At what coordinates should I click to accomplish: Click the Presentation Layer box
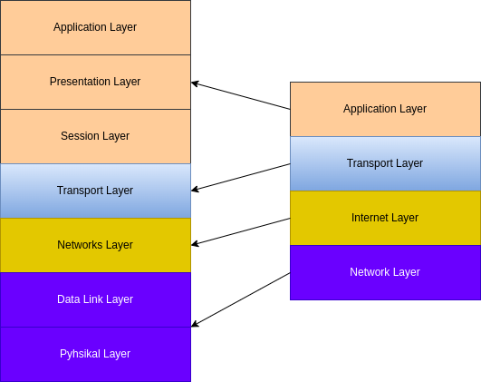point(95,82)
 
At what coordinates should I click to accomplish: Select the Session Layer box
point(95,136)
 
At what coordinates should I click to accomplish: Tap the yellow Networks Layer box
point(95,245)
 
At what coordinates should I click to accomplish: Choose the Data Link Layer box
point(95,299)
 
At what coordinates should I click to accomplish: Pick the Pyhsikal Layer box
point(95,354)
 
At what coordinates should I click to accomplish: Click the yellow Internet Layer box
point(385,218)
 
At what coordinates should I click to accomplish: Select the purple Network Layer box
point(385,272)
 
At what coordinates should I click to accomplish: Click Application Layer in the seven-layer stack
point(95,27)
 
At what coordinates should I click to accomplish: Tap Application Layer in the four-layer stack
point(385,109)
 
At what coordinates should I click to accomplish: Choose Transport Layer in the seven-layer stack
point(95,191)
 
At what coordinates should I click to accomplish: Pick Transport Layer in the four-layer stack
point(385,163)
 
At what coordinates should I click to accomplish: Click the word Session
point(79,136)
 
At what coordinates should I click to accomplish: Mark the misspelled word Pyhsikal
point(80,354)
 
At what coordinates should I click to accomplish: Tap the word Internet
point(370,218)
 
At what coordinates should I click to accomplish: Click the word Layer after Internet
point(404,218)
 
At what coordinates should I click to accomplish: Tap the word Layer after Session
point(115,136)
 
